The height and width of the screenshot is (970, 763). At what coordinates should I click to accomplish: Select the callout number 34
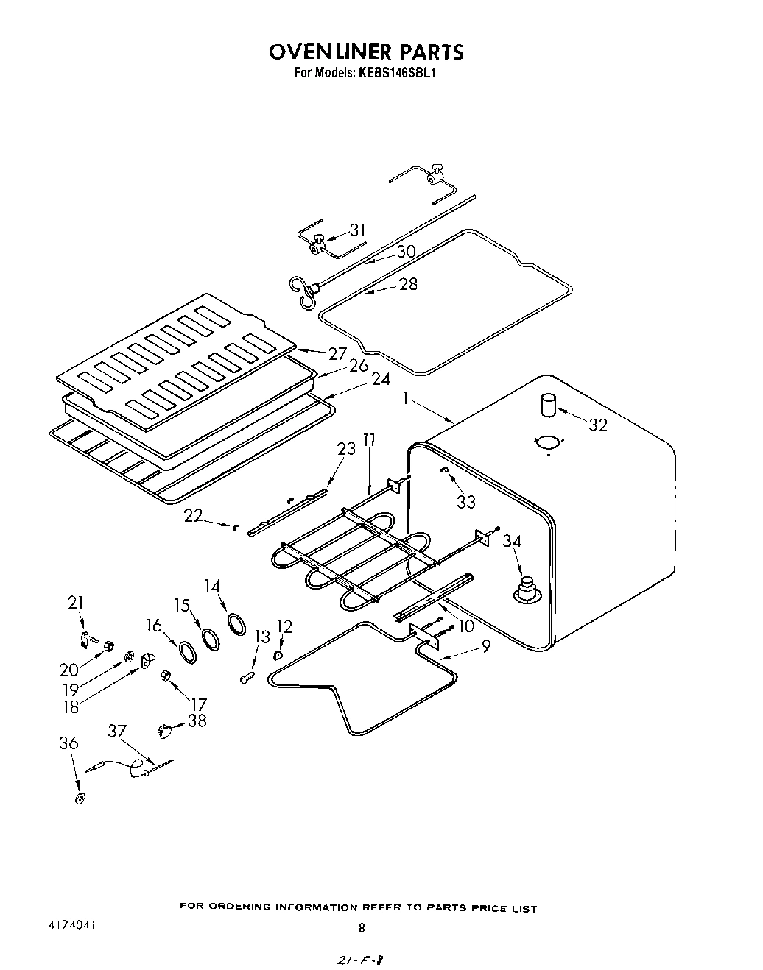513,542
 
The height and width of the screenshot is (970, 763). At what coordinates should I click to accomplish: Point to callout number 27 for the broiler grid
338,353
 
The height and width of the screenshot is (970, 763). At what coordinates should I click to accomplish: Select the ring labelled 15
211,637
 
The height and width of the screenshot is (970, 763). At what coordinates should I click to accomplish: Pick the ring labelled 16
187,651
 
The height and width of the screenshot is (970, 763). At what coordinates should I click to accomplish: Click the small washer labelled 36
80,799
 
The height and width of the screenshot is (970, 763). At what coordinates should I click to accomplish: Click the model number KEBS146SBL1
399,73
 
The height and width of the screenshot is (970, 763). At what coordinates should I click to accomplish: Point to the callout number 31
357,230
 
